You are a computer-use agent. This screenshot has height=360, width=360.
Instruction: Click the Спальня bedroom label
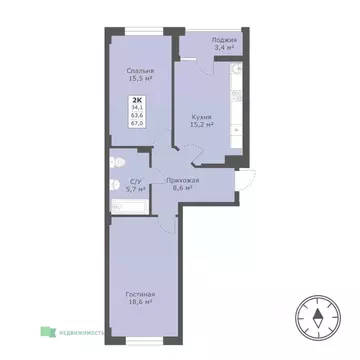(140, 71)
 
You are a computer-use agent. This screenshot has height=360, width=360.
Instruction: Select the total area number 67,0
(137, 124)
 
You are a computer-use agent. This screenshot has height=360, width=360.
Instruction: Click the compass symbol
(317, 319)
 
